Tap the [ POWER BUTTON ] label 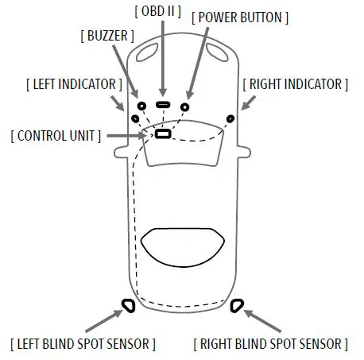[240, 17]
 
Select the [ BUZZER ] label [106, 36]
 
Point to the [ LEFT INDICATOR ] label [74, 83]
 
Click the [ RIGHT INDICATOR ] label [295, 83]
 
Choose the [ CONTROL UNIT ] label [56, 135]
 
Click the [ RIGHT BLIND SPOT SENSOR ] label [270, 343]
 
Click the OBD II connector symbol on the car [162, 105]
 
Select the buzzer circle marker [141, 106]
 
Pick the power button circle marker [185, 106]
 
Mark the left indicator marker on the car [129, 118]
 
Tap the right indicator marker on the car [230, 118]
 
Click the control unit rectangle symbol [162, 134]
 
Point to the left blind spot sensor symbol [126, 304]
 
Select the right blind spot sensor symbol [236, 304]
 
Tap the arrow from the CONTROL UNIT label [127, 135]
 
